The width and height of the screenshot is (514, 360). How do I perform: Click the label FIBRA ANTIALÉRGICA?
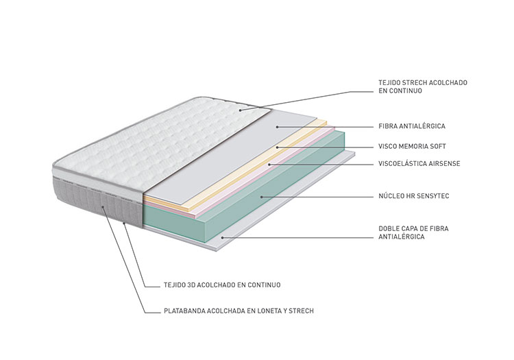tap(412, 126)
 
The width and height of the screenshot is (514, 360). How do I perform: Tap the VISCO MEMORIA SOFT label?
tap(412, 147)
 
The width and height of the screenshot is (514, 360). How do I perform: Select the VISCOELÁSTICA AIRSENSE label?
tap(419, 164)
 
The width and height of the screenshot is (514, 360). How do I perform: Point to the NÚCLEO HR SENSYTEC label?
tap(414, 196)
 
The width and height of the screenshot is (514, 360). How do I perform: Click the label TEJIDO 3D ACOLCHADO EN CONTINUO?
tap(222, 285)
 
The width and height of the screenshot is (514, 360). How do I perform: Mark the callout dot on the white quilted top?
tap(240, 110)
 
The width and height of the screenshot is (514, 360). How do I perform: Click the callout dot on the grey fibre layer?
tap(277, 127)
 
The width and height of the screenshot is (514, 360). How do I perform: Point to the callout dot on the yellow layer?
tap(277, 147)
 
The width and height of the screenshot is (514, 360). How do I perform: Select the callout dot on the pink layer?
tap(269, 164)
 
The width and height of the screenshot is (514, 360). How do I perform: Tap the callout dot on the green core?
tap(261, 197)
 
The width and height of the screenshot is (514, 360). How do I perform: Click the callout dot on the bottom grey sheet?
tap(222, 237)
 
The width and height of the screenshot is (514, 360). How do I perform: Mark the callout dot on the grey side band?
tap(103, 206)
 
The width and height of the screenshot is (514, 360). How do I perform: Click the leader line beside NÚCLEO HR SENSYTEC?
tap(317, 197)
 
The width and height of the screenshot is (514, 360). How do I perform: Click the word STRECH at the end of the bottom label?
tap(301, 311)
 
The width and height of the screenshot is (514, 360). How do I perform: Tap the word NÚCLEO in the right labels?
tap(391, 196)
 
